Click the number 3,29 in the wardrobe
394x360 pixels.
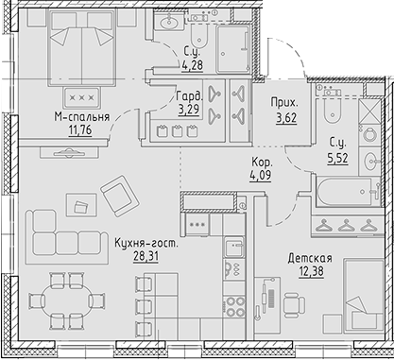tap(189, 111)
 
